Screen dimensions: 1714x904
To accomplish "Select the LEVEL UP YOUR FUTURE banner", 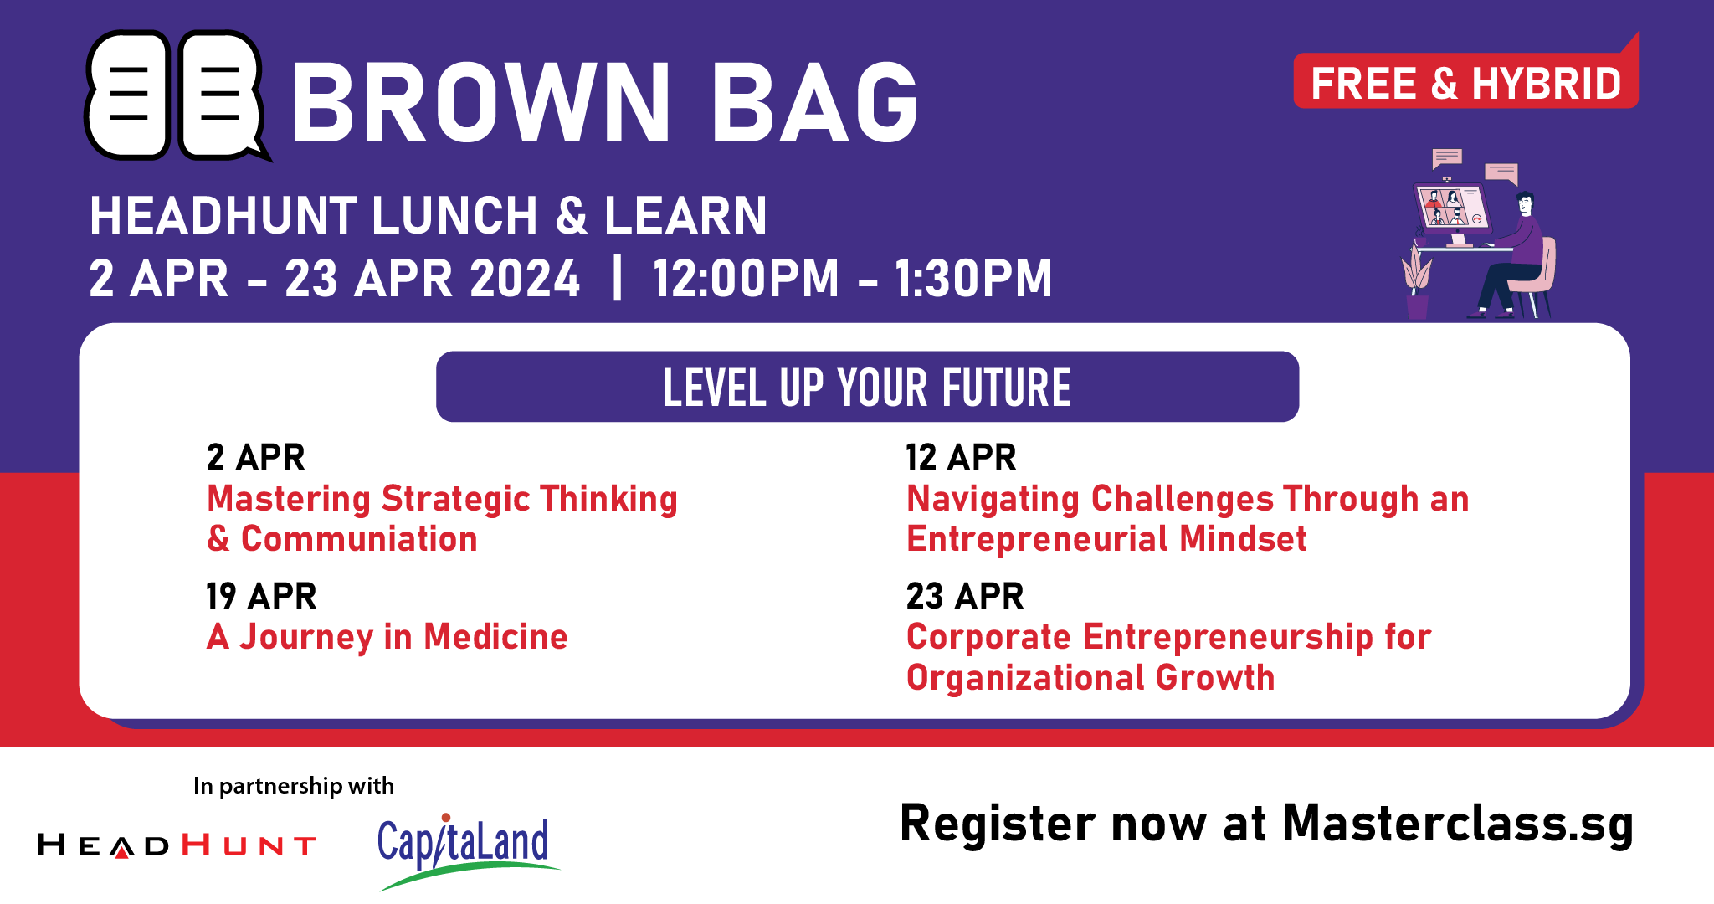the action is (x=867, y=387).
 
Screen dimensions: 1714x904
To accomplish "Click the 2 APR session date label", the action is (x=255, y=457).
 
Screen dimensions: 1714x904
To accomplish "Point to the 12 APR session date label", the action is (x=961, y=457).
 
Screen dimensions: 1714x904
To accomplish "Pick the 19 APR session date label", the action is (x=261, y=596).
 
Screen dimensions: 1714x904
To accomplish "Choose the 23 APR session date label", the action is (x=965, y=596).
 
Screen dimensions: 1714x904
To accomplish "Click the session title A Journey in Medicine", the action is (x=387, y=637).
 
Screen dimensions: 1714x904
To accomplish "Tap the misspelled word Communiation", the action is (x=359, y=538).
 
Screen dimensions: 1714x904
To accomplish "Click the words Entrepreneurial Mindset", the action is (x=1106, y=539).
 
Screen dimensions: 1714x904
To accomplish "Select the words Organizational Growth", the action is (x=1090, y=678).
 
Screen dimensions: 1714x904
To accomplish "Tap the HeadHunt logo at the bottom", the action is (x=177, y=845).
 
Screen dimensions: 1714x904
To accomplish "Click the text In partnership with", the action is (x=294, y=786).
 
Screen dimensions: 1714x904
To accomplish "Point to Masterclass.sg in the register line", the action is (x=1458, y=824).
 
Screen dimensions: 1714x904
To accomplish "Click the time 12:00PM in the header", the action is (x=746, y=279).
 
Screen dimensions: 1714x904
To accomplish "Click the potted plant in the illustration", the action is (x=1417, y=281).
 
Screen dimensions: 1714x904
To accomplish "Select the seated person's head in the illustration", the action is (x=1526, y=203).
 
